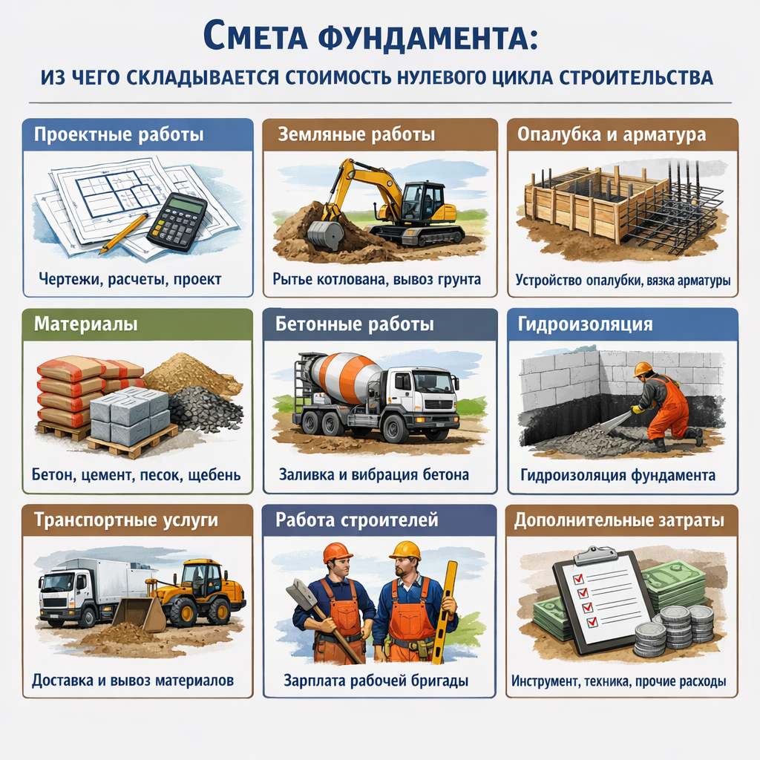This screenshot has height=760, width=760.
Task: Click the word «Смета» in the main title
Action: tap(255, 36)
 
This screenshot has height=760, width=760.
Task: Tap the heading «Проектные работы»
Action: tap(119, 134)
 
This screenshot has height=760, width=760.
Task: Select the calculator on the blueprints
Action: tap(177, 220)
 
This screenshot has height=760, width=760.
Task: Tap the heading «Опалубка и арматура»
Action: tap(612, 134)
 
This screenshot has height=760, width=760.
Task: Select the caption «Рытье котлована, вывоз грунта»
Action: tap(376, 280)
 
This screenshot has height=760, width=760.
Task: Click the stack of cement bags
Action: tap(73, 393)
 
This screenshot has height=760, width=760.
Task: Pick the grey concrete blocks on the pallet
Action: tap(129, 414)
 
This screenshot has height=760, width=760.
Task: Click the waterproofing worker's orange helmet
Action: tap(642, 369)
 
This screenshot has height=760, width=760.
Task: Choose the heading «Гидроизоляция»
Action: tap(585, 324)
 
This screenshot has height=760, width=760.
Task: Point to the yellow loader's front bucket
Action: tap(140, 614)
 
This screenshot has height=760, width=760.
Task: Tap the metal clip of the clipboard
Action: tap(597, 555)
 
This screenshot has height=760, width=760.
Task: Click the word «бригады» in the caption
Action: tap(439, 681)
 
